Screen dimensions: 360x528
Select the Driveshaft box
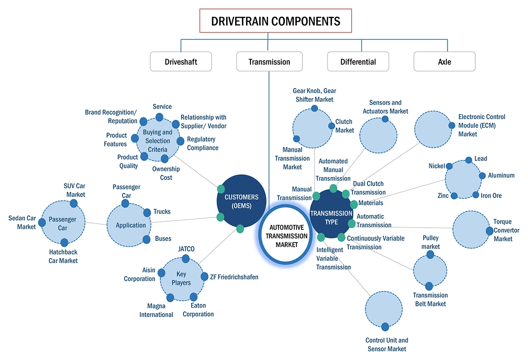tap(181, 61)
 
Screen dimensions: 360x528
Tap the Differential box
tap(358, 61)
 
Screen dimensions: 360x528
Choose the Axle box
tap(444, 61)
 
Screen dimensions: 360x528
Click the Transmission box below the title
tap(269, 61)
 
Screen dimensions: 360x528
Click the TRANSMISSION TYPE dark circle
tap(331, 217)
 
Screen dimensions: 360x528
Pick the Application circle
tap(130, 225)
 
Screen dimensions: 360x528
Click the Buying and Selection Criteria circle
tap(157, 140)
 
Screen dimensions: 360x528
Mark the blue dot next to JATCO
tap(185, 259)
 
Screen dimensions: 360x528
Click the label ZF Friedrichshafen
tap(234, 277)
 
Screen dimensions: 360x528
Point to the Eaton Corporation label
tap(199, 310)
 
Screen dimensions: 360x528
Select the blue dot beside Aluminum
tap(482, 176)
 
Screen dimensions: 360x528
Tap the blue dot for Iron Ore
tap(476, 195)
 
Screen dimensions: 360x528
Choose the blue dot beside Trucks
tap(147, 212)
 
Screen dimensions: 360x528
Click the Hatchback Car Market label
tap(63, 256)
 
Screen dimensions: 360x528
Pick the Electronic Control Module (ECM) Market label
tap(482, 125)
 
